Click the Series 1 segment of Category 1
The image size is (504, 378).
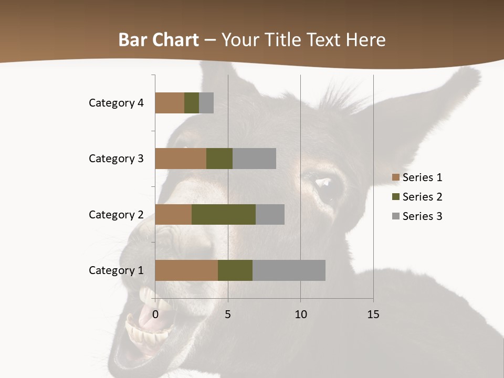186,270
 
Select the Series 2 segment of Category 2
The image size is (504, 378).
224,214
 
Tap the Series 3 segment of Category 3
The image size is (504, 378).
254,159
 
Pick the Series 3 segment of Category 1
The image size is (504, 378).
289,270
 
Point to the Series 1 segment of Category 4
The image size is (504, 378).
170,103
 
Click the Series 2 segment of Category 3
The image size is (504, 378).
219,159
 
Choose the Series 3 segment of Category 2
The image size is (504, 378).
270,214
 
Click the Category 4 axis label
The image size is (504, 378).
116,103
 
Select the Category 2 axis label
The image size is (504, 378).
116,214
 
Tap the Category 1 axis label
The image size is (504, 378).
116,270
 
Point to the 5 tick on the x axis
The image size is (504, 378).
228,314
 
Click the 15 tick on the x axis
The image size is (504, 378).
373,314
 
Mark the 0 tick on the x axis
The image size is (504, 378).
155,314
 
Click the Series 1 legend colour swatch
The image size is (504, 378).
395,177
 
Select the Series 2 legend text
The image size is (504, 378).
422,197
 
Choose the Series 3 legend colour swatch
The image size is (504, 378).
395,216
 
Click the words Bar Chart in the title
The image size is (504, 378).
159,40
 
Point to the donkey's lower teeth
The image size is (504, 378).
150,333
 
